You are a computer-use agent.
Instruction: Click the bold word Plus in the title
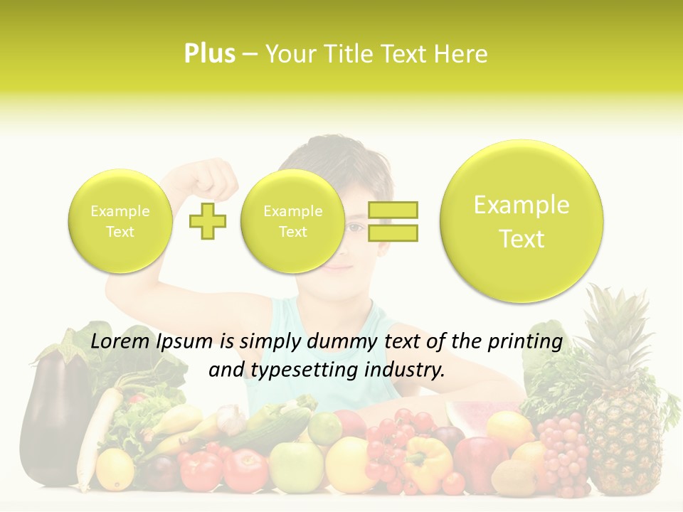point(209,53)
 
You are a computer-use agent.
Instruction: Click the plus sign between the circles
point(208,221)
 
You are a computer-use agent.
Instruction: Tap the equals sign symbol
point(393,221)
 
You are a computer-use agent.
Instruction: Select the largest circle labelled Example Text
point(521,221)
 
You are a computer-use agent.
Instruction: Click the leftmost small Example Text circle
point(120,221)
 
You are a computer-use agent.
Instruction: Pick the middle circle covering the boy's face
point(292,221)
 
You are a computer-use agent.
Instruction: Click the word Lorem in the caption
point(120,341)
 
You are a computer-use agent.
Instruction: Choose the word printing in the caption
point(527,341)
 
